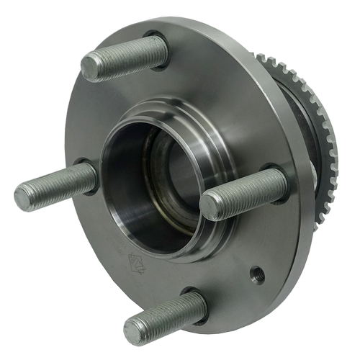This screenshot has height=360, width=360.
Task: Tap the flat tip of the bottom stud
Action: (135, 331)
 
